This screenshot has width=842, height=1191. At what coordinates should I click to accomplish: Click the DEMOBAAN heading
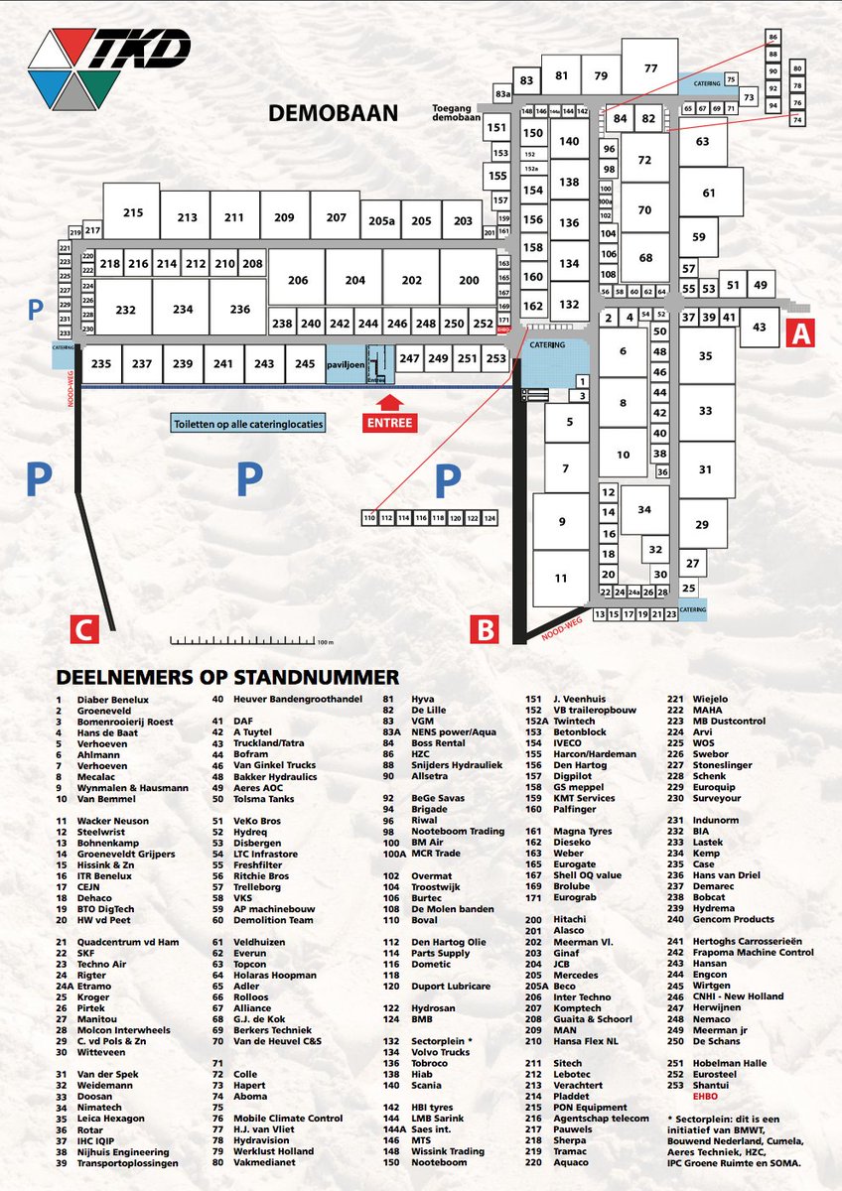[333, 114]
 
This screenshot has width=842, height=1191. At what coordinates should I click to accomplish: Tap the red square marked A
[800, 333]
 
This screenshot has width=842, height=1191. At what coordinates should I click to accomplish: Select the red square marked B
[484, 629]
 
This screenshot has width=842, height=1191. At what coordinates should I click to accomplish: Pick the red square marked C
[84, 629]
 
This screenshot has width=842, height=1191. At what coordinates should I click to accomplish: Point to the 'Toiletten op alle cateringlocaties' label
[248, 423]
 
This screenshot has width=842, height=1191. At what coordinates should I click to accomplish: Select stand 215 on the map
[133, 211]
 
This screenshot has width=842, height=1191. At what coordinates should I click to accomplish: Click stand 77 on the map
[650, 68]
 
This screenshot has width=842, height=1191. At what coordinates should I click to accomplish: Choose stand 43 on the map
[760, 327]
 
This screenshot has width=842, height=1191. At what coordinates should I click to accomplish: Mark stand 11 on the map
[561, 578]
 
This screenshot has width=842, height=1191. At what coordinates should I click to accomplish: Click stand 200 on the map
[469, 281]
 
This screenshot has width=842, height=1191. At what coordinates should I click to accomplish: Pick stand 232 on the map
[125, 310]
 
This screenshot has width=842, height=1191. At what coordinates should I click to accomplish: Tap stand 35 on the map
[705, 355]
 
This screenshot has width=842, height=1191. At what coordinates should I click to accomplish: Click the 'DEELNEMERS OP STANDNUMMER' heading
[227, 677]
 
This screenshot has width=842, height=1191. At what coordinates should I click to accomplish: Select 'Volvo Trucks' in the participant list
[441, 1051]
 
